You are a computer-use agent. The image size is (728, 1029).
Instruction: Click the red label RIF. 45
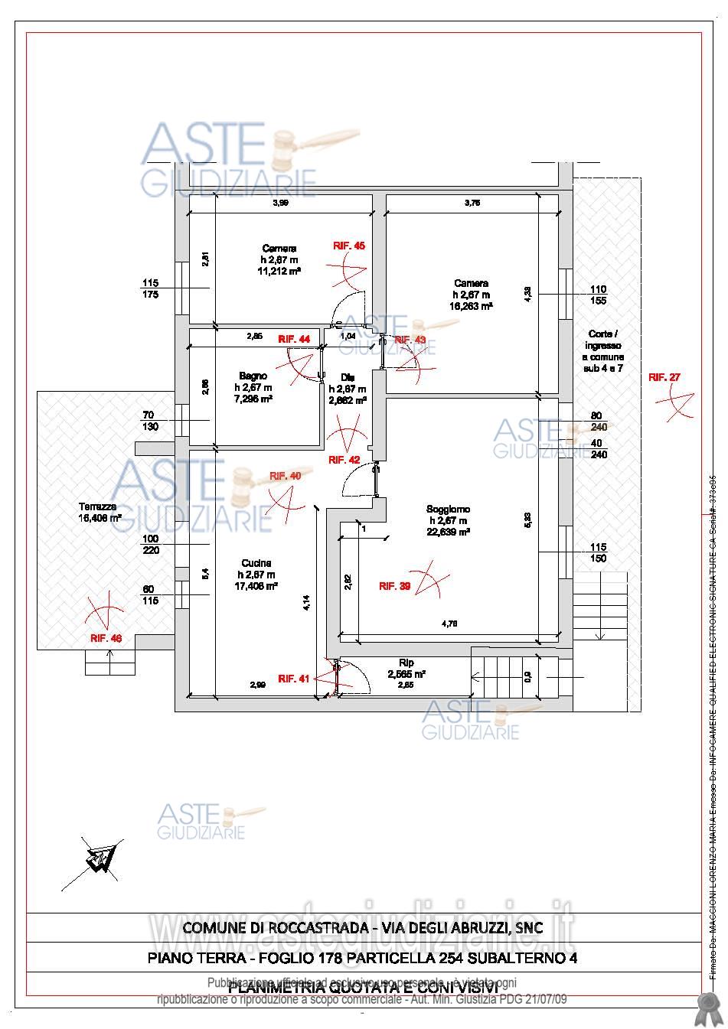pos(349,246)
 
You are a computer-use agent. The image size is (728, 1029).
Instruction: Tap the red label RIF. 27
pos(664,376)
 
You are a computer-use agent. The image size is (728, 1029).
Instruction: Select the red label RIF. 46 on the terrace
pos(106,637)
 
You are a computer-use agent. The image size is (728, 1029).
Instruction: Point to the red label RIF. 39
pos(395,586)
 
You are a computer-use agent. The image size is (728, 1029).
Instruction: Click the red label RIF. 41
pos(293,678)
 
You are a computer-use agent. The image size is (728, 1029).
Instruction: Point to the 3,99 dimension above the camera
pos(281,203)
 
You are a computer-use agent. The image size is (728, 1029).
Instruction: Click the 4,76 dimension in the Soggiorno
pos(449,624)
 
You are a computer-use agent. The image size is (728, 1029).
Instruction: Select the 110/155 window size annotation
pos(598,295)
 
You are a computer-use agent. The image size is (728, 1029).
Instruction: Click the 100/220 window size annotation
pos(150,544)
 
